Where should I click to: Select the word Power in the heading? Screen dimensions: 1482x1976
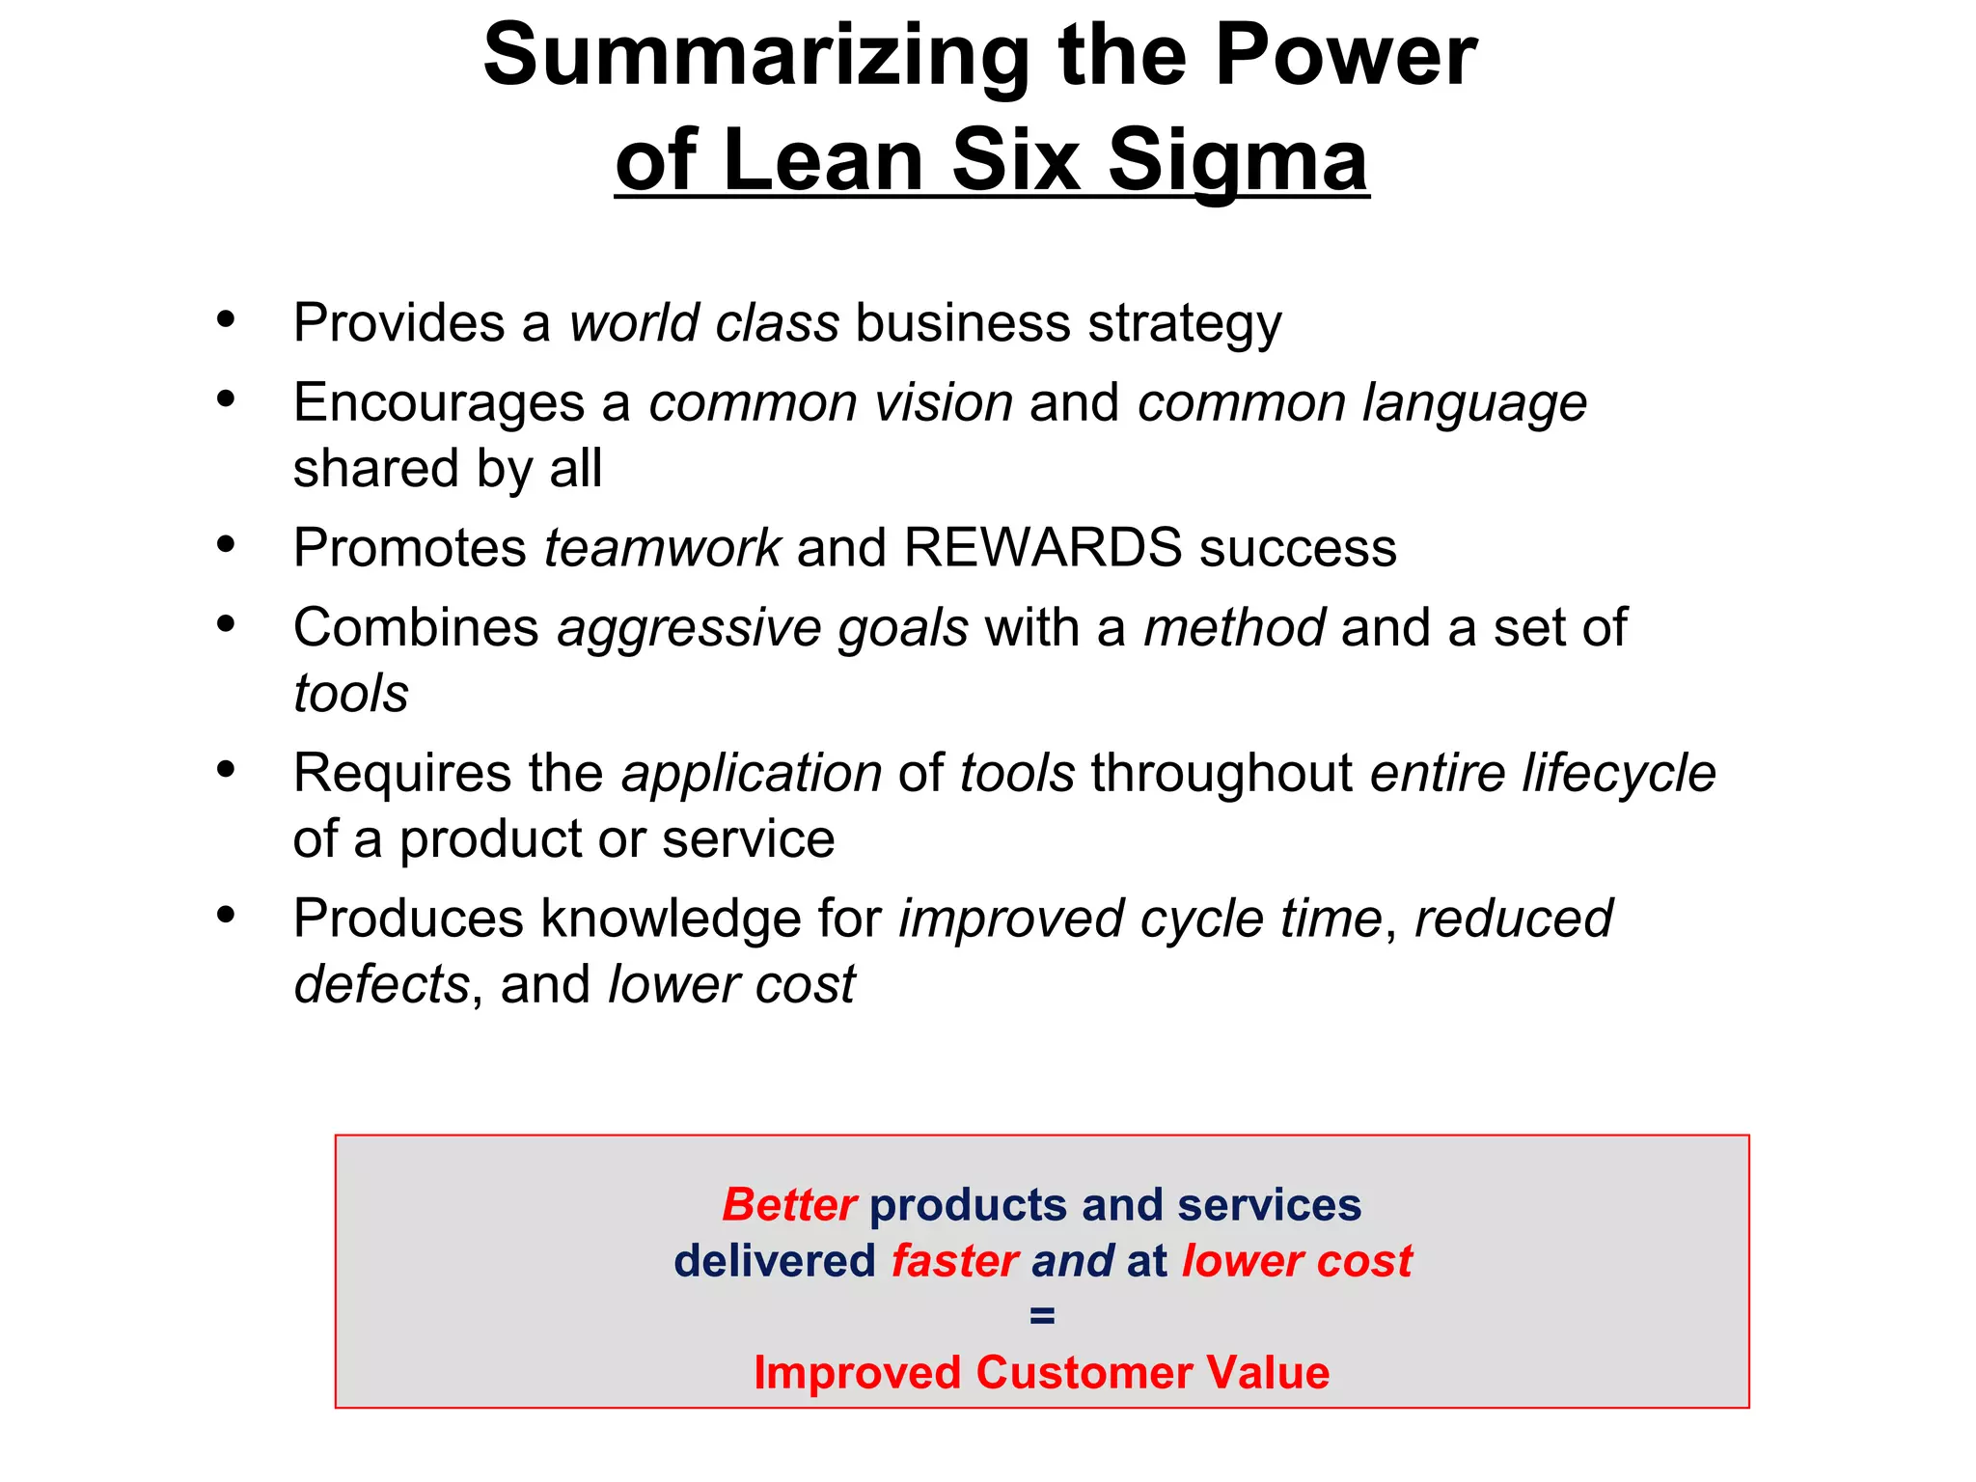[1345, 56]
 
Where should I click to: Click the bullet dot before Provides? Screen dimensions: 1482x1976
[226, 319]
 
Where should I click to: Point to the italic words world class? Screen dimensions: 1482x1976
[703, 323]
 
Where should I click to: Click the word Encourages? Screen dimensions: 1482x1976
[439, 403]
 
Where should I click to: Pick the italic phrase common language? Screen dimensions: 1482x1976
[1361, 403]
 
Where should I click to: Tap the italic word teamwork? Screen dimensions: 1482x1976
[662, 548]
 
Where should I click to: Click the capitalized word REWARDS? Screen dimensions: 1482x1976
[1042, 548]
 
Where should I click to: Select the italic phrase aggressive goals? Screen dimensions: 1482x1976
[762, 629]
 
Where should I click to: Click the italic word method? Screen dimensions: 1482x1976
[1234, 628]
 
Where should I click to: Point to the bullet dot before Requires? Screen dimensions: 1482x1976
[226, 770]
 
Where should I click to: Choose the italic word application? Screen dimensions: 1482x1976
[752, 774]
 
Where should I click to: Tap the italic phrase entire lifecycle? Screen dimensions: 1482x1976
[1542, 774]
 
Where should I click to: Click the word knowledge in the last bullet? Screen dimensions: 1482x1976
[671, 919]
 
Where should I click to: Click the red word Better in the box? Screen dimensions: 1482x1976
[788, 1205]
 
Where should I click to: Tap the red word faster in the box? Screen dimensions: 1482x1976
[954, 1261]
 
